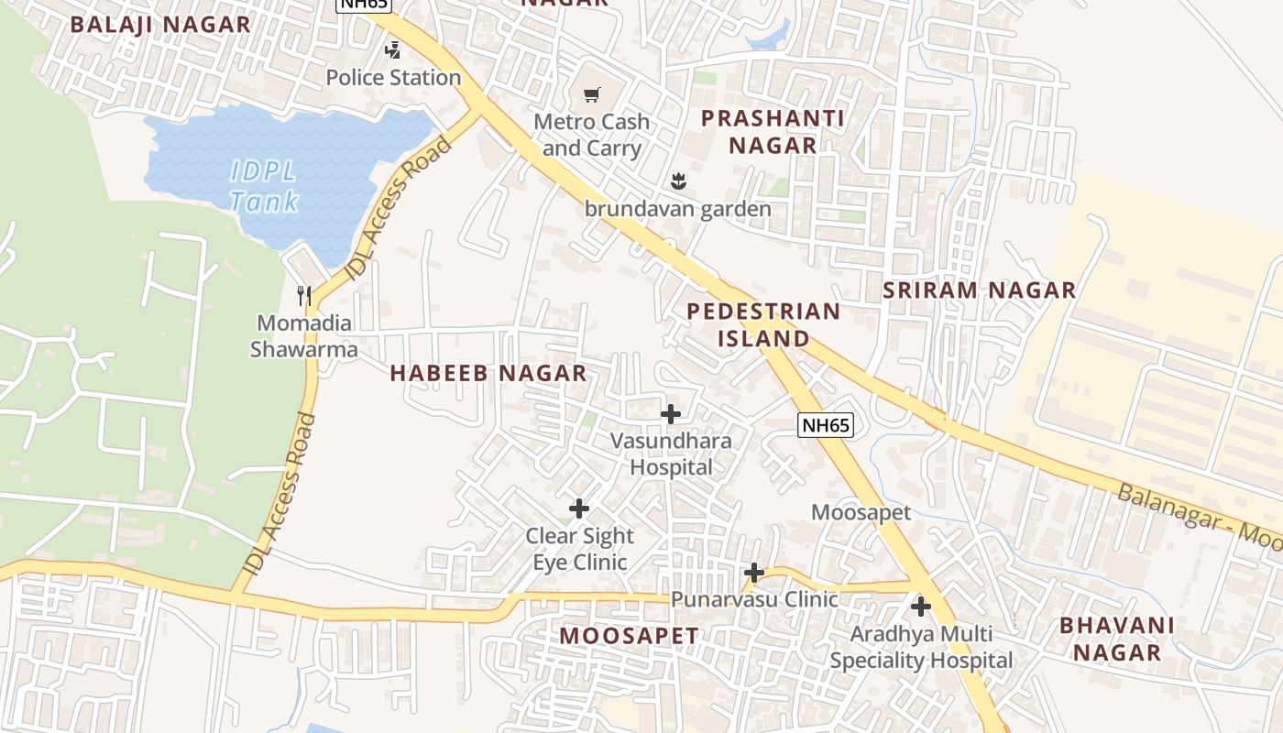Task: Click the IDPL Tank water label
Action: [x=264, y=186]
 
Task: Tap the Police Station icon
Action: [x=393, y=50]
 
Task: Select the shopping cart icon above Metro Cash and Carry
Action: [x=592, y=94]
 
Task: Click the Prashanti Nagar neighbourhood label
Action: [x=773, y=131]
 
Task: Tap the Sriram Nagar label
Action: [x=979, y=290]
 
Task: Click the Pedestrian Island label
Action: [x=763, y=324]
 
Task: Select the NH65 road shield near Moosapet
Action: [x=826, y=425]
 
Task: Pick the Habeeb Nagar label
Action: [x=488, y=373]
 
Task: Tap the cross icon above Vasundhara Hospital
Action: [x=671, y=414]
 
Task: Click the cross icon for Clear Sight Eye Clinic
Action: [x=579, y=509]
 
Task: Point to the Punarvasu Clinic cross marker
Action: [x=754, y=573]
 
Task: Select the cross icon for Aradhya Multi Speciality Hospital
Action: [x=921, y=607]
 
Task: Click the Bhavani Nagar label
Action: [x=1116, y=639]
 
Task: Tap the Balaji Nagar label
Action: [x=160, y=25]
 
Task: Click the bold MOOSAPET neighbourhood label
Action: [x=629, y=635]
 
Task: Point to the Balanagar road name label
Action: [x=1196, y=520]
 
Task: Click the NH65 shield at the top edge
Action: [x=364, y=4]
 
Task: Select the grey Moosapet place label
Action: [x=861, y=512]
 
